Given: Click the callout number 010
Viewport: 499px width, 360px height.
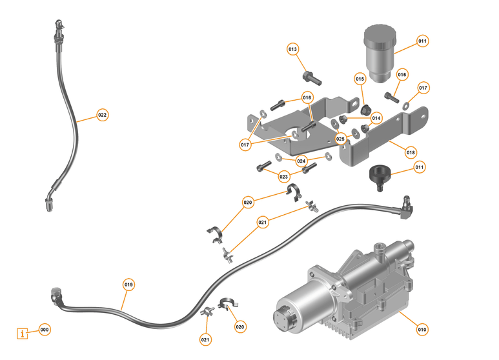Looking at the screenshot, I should coord(422,329).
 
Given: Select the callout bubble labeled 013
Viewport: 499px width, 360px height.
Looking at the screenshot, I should coord(292,50).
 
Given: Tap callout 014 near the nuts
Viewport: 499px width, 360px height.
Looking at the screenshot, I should coord(376,118).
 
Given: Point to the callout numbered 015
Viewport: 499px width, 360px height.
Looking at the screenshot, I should coord(360,79).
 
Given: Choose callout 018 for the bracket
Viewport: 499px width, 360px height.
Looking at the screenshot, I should coord(411,152).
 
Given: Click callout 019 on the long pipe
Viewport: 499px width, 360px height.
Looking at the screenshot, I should coord(128,284).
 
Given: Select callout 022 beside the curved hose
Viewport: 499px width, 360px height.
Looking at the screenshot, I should coord(102,115).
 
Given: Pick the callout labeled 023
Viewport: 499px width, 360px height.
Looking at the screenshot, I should coord(284,175).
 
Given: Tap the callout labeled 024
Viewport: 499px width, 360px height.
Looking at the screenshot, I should coord(301,161).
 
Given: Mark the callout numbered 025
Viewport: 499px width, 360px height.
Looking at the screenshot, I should coord(340,138).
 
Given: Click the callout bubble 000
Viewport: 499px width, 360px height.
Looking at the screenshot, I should coord(44,329).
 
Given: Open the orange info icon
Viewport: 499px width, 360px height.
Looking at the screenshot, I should coord(24,334).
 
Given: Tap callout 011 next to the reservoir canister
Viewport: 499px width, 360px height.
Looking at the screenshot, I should coord(422,41).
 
